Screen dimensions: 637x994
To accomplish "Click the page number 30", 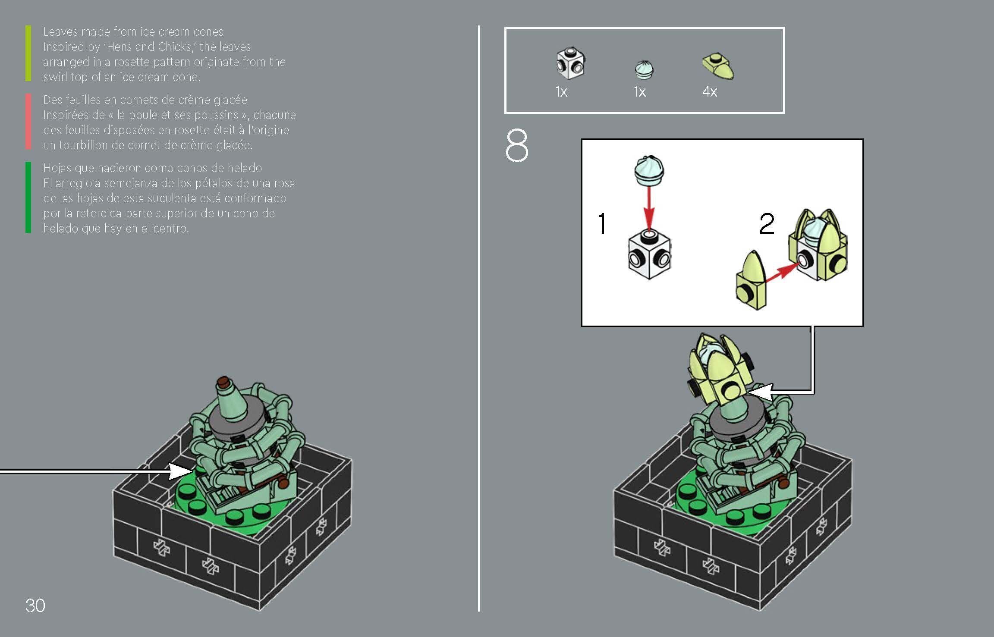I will click(x=35, y=606).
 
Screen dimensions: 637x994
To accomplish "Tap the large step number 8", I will click(x=516, y=146).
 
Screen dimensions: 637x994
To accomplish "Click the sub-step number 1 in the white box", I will click(x=602, y=224).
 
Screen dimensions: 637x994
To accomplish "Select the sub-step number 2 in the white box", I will click(x=767, y=224).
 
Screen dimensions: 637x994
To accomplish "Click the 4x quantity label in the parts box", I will click(x=709, y=91).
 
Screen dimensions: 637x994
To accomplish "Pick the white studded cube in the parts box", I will click(x=570, y=65).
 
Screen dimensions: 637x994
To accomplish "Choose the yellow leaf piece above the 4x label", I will click(x=718, y=67).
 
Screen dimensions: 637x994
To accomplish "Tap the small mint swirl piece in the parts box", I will click(x=644, y=70).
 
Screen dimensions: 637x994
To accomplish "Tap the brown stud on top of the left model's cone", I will click(x=223, y=381).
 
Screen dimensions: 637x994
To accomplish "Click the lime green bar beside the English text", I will click(x=28, y=53).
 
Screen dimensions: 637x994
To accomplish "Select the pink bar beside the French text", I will click(x=28, y=122).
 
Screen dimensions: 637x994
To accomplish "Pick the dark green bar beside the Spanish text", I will click(x=28, y=197).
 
